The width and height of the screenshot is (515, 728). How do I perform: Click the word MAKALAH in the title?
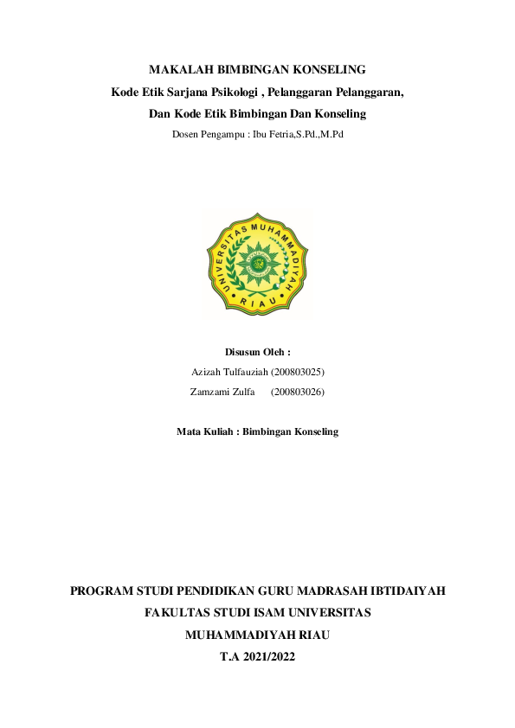(x=177, y=69)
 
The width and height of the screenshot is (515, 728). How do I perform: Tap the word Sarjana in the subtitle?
(x=188, y=92)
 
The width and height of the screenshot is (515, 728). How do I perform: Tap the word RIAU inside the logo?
(x=257, y=303)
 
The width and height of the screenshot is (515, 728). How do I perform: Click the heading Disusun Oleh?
(x=257, y=353)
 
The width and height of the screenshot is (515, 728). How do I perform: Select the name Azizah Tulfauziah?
(x=229, y=372)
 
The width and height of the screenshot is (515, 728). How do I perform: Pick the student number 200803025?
(x=298, y=372)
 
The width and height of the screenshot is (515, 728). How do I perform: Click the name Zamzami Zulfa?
(x=222, y=392)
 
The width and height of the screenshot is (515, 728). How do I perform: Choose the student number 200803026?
(x=298, y=392)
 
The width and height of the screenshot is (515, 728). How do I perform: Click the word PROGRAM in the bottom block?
(x=102, y=592)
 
